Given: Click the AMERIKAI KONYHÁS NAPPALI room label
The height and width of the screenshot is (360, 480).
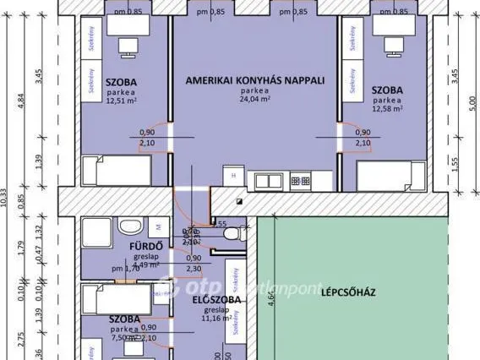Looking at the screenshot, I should [254, 80].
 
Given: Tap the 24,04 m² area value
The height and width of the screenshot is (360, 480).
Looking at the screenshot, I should [254, 99].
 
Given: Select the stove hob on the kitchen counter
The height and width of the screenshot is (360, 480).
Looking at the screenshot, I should [300, 179].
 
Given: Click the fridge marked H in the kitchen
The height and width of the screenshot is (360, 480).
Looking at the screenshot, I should [233, 176].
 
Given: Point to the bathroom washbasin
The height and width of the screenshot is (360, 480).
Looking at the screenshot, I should [128, 226].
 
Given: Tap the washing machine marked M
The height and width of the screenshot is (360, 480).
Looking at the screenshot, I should [158, 226].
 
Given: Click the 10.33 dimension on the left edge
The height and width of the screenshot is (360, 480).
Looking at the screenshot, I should [5, 203].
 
